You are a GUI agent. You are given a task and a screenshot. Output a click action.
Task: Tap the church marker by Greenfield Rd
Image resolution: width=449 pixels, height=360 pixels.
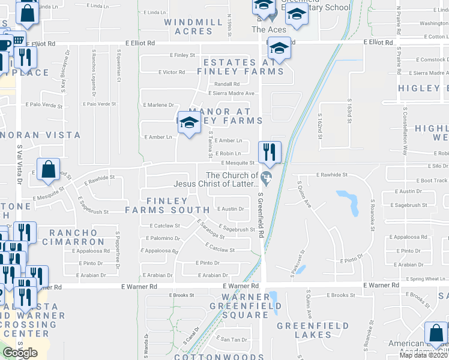267,176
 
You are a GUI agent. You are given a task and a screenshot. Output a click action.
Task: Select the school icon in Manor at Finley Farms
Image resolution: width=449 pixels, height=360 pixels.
190,122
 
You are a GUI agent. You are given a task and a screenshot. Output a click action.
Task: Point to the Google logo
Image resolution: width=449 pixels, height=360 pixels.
20,353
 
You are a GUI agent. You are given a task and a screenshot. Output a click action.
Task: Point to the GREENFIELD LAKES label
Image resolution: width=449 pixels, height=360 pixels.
312,330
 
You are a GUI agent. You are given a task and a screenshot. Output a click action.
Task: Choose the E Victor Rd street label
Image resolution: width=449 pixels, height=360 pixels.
172,72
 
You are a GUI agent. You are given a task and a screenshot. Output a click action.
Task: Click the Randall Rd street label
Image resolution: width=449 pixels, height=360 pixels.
227,84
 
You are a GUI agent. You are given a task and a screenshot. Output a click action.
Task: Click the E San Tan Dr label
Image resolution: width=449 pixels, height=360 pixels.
232,340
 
